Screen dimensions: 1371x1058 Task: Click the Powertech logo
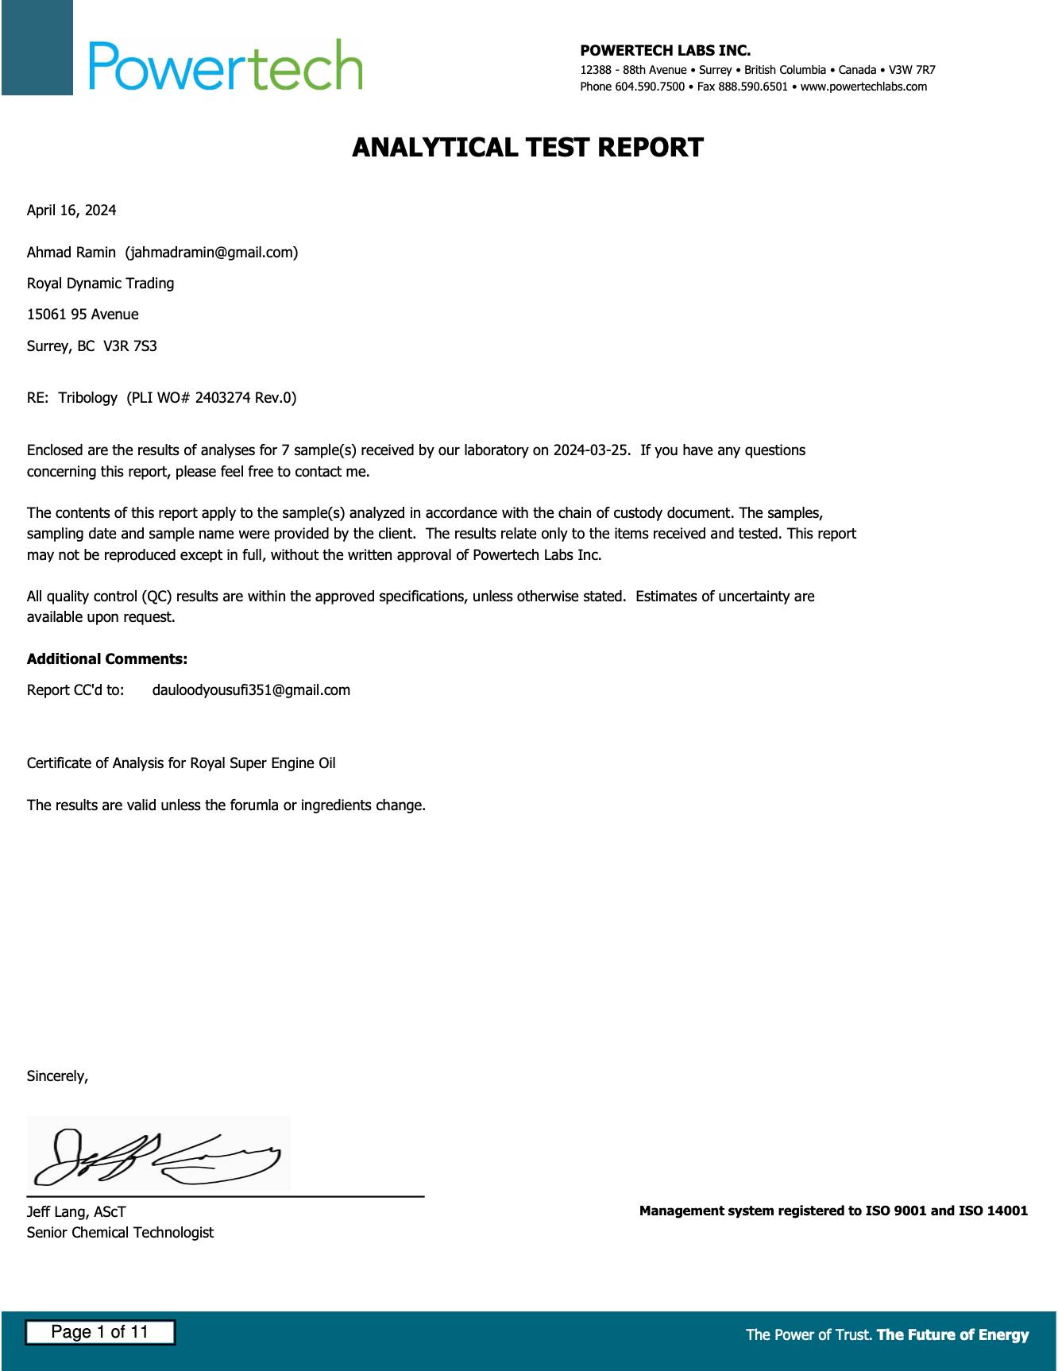226,65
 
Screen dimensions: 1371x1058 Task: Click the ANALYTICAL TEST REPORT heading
527,148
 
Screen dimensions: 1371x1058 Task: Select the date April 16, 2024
71,210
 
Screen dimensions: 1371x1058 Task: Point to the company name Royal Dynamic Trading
100,284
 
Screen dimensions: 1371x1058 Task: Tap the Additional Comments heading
107,659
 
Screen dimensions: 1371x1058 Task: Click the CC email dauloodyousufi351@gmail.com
251,690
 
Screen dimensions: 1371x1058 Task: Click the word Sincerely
57,1076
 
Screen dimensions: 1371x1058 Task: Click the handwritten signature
159,1154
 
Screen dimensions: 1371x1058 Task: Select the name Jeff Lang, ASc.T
76,1212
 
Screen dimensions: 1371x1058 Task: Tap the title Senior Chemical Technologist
120,1233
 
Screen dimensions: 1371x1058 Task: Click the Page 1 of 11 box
100,1332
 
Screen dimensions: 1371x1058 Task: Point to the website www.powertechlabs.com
863,87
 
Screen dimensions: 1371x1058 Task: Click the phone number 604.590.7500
650,87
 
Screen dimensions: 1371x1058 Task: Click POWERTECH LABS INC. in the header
665,51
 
